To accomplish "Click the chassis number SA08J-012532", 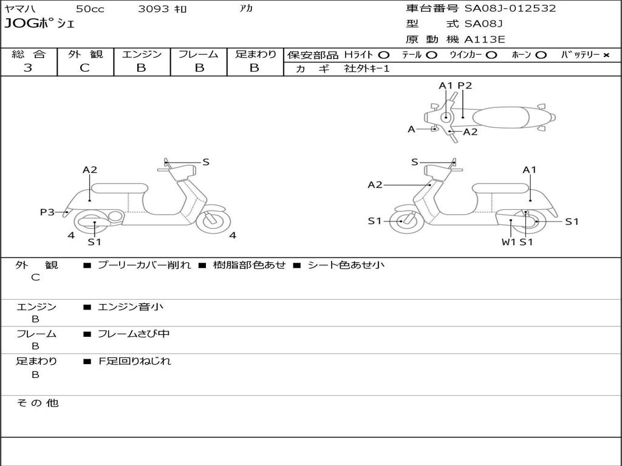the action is [510, 8].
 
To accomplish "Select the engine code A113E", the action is [484, 40].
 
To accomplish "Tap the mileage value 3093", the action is [153, 8].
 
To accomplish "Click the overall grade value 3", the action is [28, 68].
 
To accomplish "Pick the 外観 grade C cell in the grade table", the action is [84, 68].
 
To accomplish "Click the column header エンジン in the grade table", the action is [142, 54].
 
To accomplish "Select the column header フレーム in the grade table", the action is [198, 54].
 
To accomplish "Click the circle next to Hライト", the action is [383, 55].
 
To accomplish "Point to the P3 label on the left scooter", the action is [47, 212].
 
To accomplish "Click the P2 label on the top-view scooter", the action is [465, 86].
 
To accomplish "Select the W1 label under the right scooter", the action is [508, 242].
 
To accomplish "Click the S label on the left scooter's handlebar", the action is [205, 162].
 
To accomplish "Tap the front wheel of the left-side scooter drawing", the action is [213, 220].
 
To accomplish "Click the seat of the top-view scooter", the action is [504, 117].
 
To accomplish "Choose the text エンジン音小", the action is [131, 307].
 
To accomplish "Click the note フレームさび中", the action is [134, 334].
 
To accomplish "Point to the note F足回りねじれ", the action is [135, 361].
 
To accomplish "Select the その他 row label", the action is [38, 403].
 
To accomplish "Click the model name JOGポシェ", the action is [39, 24].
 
